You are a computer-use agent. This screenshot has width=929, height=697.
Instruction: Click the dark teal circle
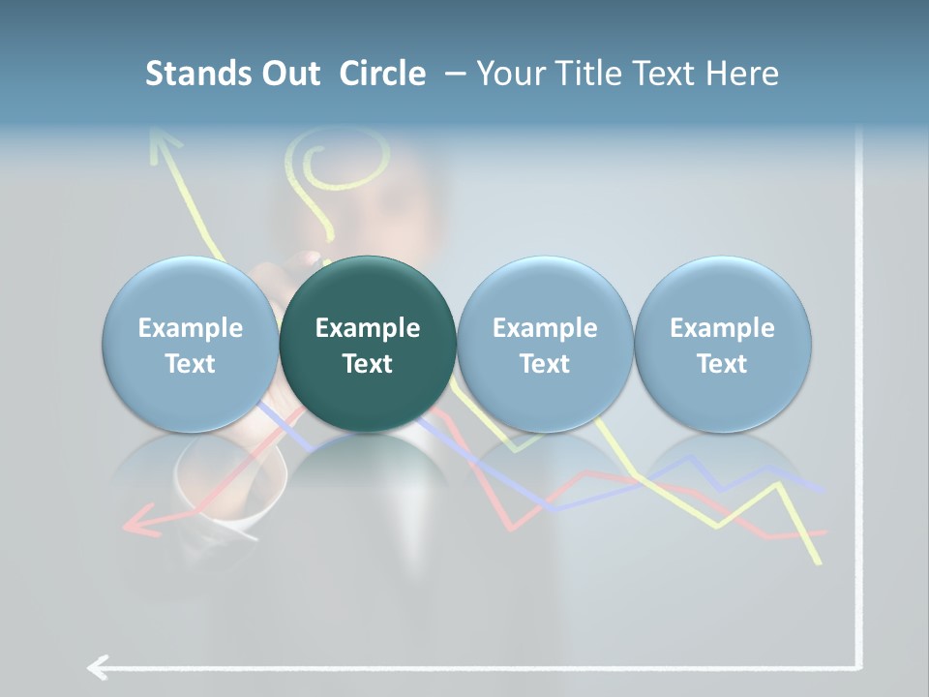click(x=368, y=344)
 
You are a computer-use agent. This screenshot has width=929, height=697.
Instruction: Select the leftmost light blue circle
click(x=191, y=344)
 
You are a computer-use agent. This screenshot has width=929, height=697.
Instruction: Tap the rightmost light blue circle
click(x=722, y=344)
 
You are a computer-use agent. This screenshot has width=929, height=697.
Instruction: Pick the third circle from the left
click(x=545, y=344)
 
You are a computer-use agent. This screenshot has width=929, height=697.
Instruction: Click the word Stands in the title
click(x=199, y=74)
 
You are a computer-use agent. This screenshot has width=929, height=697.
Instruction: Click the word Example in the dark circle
click(x=368, y=328)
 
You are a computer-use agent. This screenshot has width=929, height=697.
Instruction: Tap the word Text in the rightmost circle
click(x=722, y=364)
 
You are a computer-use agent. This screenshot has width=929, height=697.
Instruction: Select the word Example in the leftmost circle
click(x=191, y=328)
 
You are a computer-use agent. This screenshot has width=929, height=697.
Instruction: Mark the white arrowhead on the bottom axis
click(x=97, y=667)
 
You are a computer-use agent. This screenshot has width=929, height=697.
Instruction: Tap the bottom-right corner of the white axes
click(x=857, y=666)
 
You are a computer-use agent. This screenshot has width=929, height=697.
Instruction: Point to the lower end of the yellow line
click(x=819, y=561)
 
